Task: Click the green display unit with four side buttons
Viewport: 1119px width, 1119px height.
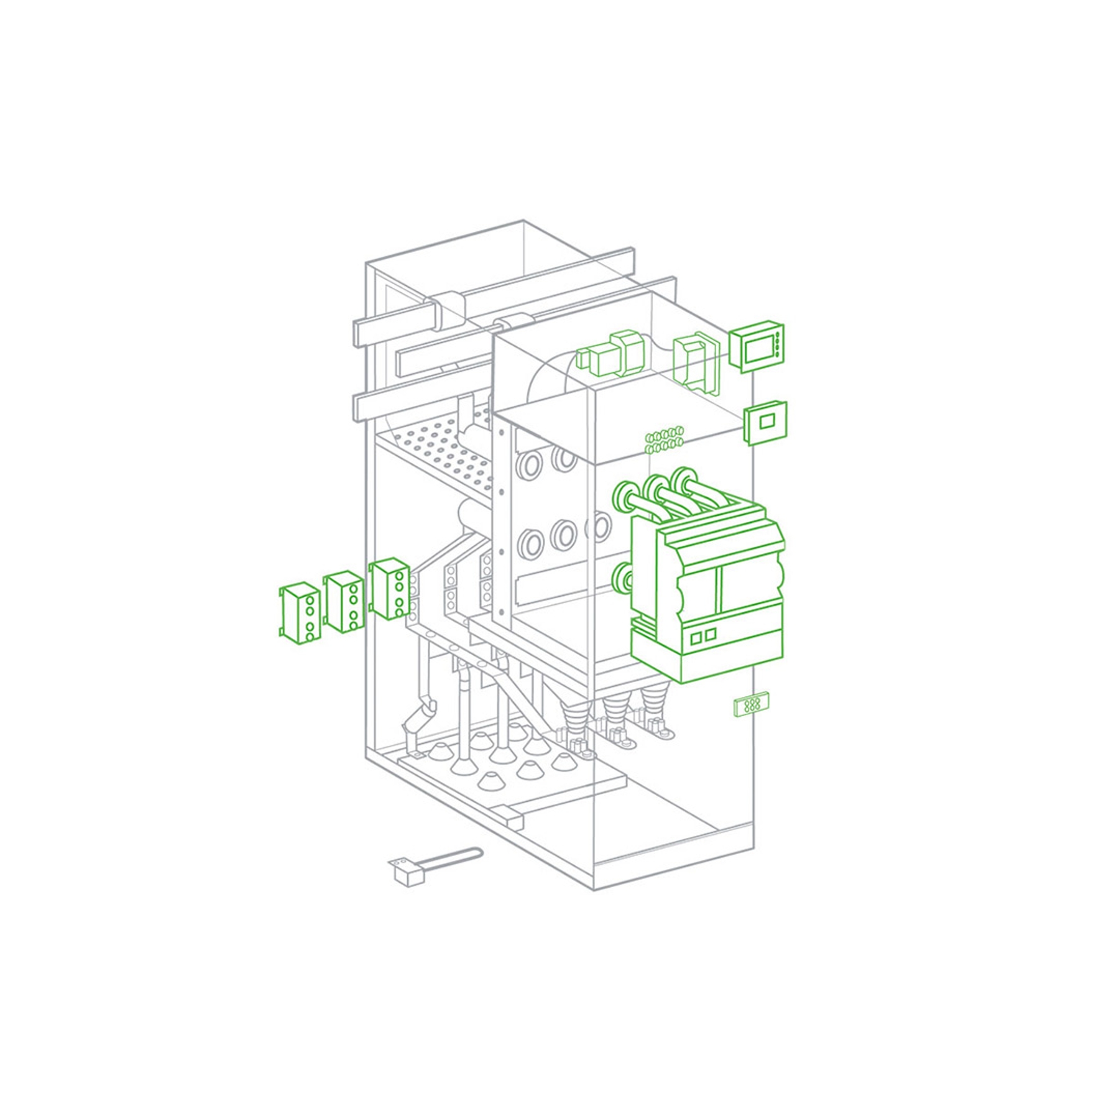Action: click(757, 348)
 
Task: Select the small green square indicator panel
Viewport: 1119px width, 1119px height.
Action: click(766, 423)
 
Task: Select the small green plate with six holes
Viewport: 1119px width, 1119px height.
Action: click(752, 705)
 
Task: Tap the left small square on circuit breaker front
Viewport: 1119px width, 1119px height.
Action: click(696, 638)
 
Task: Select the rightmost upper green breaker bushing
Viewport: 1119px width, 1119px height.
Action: click(684, 480)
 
